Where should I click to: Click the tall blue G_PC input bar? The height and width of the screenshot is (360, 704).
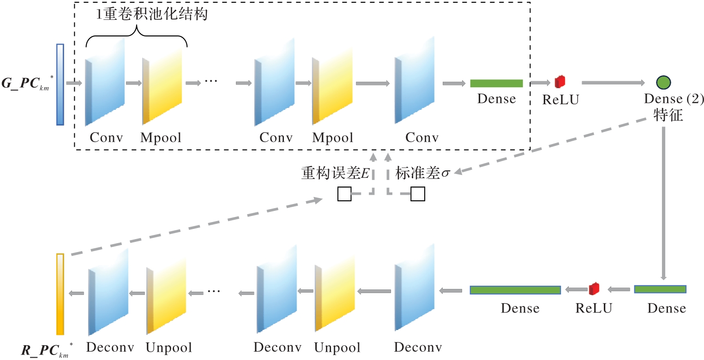pos(60,84)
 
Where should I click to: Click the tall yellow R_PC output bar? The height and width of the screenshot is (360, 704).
pos(60,294)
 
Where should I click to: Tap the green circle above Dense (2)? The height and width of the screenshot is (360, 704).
pos(663,83)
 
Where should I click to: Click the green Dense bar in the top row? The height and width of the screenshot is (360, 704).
pos(496,84)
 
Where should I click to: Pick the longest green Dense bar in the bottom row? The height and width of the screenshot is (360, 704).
pos(515,290)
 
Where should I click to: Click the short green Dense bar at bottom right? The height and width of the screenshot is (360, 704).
pos(660,289)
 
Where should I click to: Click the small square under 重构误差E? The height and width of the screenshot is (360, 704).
pos(344,194)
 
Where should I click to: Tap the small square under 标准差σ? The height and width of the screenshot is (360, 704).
pos(418,194)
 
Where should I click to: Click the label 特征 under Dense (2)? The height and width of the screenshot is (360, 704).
pos(668,115)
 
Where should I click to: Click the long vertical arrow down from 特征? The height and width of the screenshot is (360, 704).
pos(664,203)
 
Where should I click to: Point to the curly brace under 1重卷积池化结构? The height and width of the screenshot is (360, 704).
pos(137,37)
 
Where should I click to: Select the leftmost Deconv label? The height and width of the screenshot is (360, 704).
pos(109,347)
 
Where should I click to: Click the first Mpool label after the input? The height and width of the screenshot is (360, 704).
pos(161,138)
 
